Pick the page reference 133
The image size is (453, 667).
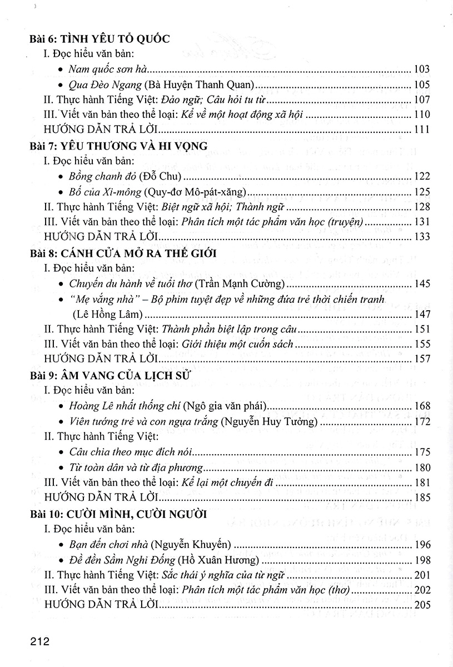click(x=422, y=237)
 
